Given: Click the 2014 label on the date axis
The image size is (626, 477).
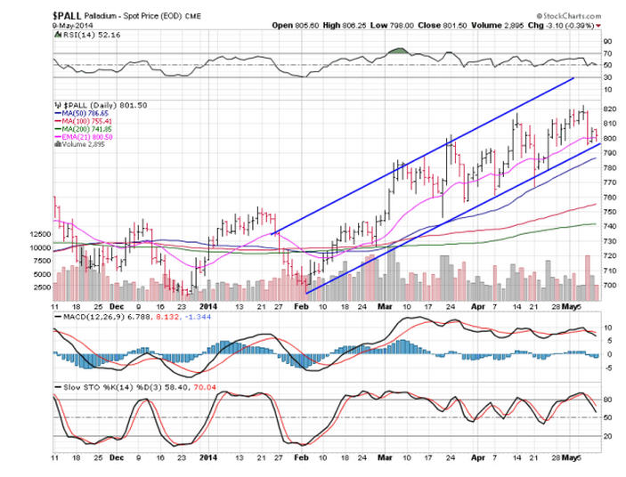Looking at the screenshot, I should pos(207,305).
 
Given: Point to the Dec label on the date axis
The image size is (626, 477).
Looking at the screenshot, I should pos(116,305).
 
